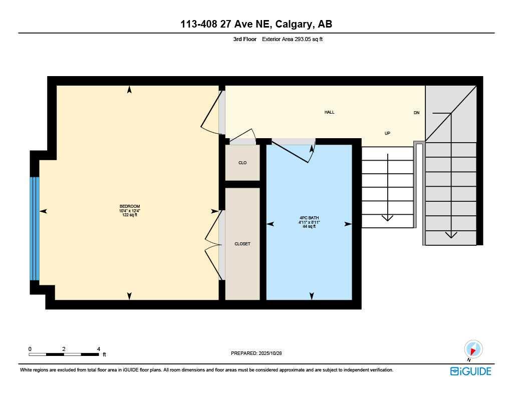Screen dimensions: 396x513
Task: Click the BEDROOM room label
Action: pos(129,207)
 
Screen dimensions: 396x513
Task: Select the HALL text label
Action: pos(329,112)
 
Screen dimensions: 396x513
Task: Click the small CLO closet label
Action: pos(242,163)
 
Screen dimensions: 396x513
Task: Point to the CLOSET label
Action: pos(242,244)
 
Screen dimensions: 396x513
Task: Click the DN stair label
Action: pos(416,113)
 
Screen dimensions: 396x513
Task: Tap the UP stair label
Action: pos(387,133)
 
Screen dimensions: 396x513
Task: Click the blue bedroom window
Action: pos(34,228)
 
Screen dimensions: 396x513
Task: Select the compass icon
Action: pos(473,349)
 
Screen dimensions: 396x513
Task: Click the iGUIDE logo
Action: pos(470,371)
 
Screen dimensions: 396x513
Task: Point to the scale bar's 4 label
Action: pos(99,348)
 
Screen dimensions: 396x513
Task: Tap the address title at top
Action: pos(256,24)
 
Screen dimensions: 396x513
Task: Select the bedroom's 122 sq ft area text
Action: pos(129,215)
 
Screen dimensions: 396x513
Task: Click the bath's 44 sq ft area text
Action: pos(309,226)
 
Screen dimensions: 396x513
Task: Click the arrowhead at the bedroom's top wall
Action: pos(130,90)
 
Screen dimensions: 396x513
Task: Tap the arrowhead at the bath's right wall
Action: pos(348,224)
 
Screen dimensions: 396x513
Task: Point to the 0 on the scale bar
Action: pos(30,348)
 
